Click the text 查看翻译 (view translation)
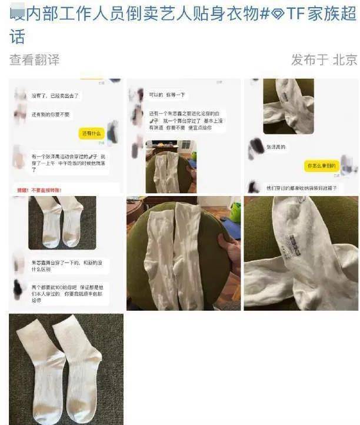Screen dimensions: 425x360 click(x=34, y=59)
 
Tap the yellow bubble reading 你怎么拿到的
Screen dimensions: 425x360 click(x=321, y=167)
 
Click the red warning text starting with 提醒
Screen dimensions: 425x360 click(x=38, y=190)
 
